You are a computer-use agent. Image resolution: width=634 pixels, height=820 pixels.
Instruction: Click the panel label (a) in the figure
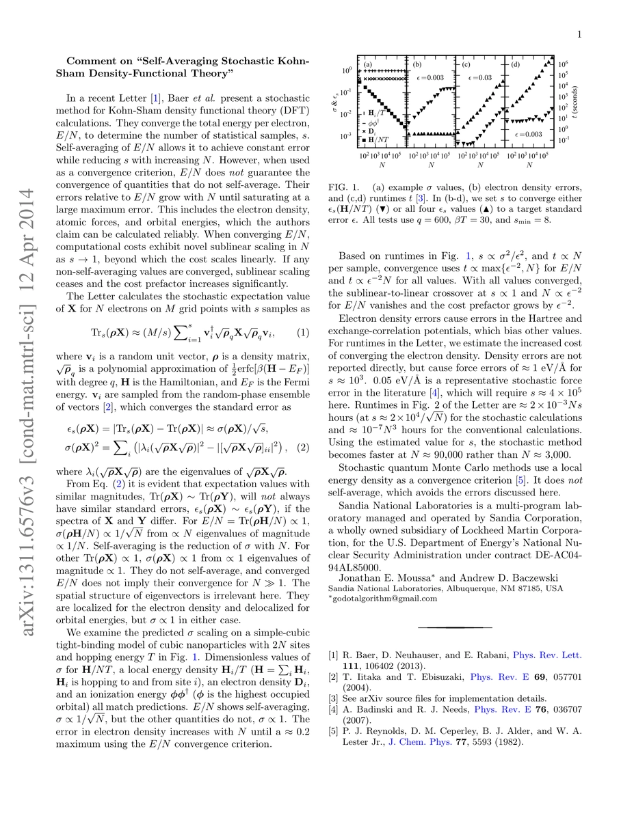[368, 66]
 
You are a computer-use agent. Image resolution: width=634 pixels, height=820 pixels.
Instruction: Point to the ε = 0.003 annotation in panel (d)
[529, 135]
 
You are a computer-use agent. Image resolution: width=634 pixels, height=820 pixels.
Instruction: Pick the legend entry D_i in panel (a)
[372, 130]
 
